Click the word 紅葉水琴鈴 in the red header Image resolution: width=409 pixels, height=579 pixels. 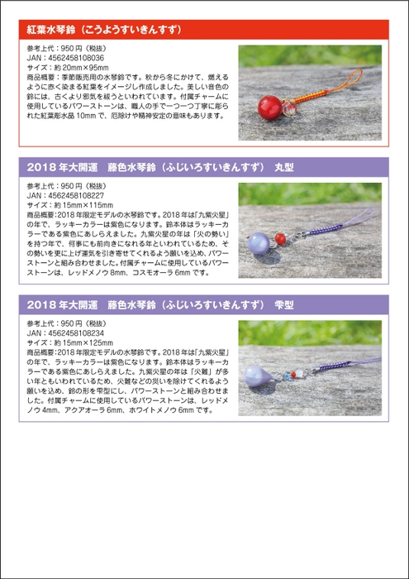[x=55, y=32]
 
